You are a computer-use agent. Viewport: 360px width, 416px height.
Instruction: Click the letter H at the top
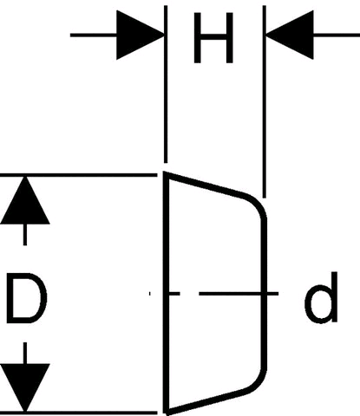tap(213, 38)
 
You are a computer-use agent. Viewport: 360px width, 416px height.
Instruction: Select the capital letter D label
tap(27, 298)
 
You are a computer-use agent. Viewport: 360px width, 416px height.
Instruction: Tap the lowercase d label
tap(321, 297)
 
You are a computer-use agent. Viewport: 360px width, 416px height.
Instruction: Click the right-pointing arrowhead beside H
tap(140, 36)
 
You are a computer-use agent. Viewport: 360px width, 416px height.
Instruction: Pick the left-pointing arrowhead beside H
tap(290, 35)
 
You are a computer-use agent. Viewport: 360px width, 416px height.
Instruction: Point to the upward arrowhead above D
tap(25, 200)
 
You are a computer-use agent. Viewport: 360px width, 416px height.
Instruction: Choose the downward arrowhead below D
tap(25, 387)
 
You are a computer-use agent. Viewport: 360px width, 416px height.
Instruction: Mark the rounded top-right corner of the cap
tap(258, 204)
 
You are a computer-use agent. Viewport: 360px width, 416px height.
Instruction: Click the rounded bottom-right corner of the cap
tap(258, 383)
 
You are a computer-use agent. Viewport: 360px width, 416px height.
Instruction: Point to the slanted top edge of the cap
tap(206, 184)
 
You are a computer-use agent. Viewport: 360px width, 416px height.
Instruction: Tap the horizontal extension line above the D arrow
tap(79, 175)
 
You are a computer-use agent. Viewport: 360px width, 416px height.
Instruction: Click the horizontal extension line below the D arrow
tap(79, 412)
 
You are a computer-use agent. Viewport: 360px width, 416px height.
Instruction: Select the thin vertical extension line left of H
tap(166, 84)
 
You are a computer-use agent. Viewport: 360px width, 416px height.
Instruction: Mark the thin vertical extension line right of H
tap(265, 101)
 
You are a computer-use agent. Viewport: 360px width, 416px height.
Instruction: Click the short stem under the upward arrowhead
tap(25, 235)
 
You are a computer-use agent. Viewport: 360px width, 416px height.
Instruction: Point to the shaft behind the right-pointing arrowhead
tap(94, 36)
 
